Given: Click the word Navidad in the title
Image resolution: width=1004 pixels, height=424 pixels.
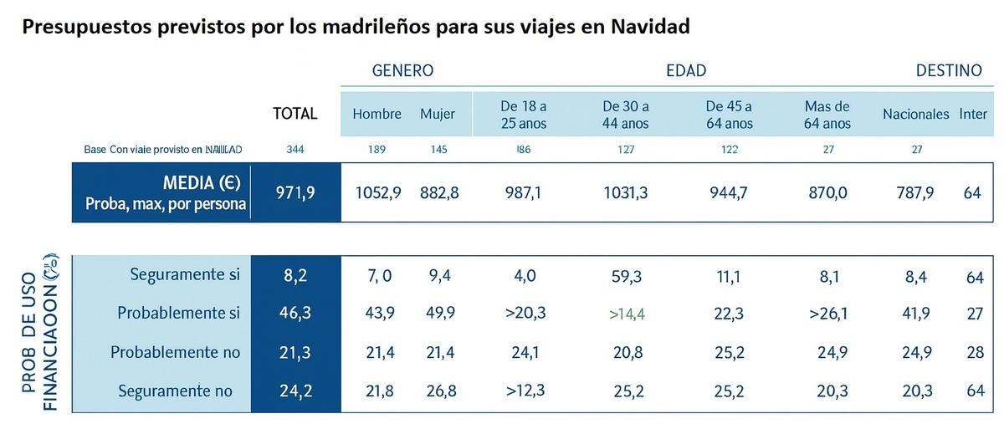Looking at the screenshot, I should tap(650, 27).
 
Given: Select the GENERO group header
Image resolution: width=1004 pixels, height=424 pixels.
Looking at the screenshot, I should tap(402, 71).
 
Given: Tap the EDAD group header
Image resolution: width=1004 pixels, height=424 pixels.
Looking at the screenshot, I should tap(686, 71).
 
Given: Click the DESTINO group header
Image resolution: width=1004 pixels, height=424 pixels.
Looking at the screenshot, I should tap(949, 71).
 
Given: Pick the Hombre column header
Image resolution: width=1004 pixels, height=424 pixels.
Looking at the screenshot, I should tap(376, 115).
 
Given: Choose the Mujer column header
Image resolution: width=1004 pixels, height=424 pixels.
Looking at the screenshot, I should tap(438, 115).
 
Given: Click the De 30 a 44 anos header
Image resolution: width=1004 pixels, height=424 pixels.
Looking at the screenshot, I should tap(626, 115).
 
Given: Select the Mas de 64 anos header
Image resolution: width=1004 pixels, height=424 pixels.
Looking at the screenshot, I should tap(827, 115).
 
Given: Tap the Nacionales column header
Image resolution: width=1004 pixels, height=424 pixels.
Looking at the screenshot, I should tap(915, 115).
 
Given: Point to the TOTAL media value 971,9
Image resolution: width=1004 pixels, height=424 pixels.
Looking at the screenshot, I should tap(295, 193).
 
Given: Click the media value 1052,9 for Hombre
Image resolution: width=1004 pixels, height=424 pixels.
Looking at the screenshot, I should tap(378, 193).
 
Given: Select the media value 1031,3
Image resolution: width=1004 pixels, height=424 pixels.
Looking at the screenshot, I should tap(626, 193).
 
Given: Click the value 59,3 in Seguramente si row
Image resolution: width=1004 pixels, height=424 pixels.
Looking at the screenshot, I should tap(627, 277).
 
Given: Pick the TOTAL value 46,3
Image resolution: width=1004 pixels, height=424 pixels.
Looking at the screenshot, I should tap(295, 314).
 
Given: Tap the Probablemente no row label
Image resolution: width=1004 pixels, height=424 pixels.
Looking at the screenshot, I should tap(175, 353).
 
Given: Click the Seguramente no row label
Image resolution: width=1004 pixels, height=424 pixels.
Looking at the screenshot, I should tap(175, 391).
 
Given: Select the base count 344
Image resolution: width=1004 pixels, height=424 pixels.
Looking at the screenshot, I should tap(295, 150).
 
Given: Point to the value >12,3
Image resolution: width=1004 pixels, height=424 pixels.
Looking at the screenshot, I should tap(525, 391).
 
